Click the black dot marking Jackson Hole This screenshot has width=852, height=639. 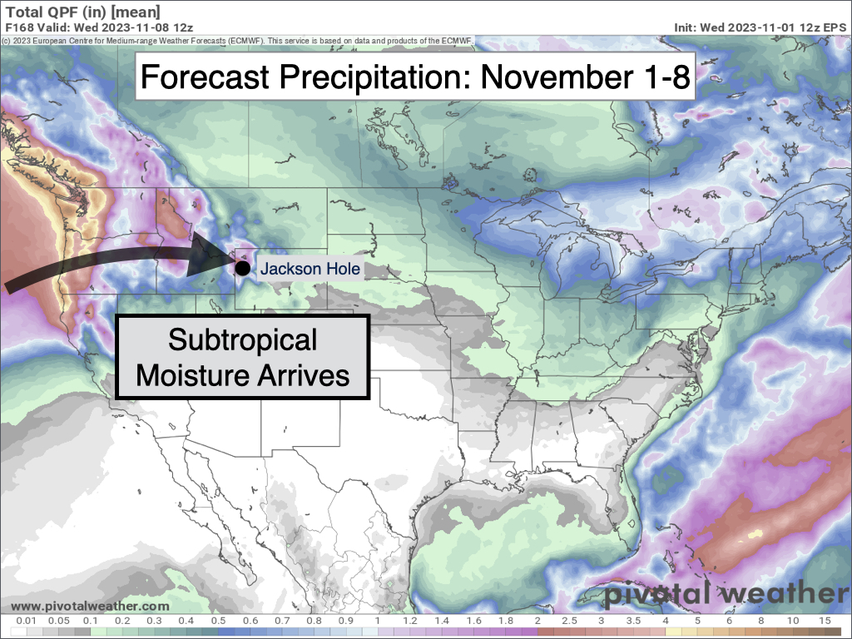(241, 268)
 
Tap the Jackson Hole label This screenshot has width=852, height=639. (310, 269)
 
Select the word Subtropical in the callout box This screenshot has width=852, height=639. (243, 339)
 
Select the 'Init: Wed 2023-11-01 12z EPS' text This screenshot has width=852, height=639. (760, 27)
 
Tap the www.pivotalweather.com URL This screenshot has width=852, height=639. (90, 607)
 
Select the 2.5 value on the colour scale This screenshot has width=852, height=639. (571, 622)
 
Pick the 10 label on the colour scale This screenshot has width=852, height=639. (793, 622)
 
